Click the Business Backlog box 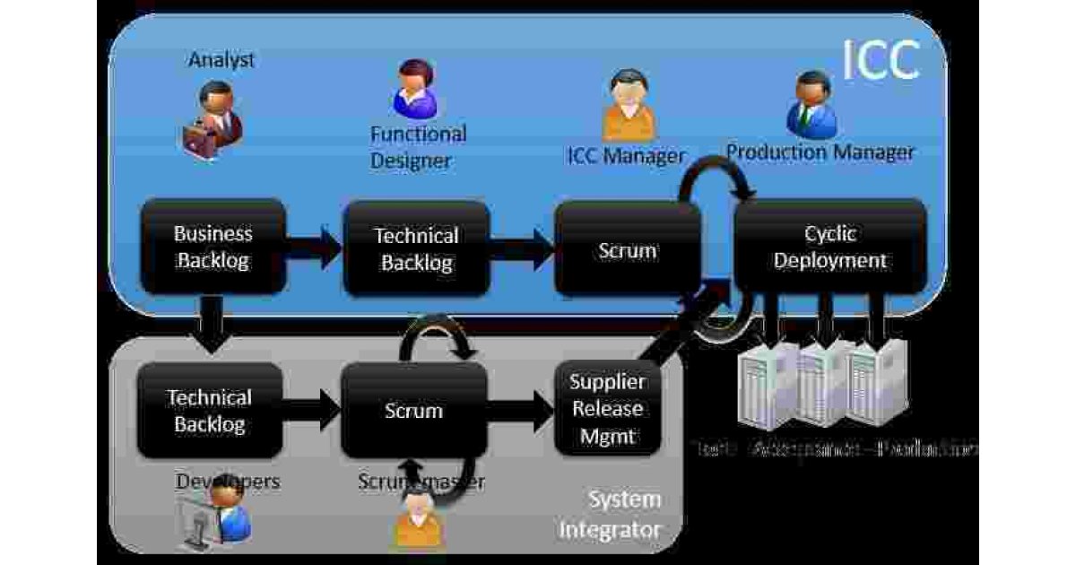[x=213, y=248]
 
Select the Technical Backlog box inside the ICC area [x=416, y=249]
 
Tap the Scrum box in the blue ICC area [x=627, y=249]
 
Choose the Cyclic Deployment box [x=830, y=248]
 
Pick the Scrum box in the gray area [x=413, y=411]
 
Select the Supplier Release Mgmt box [x=608, y=409]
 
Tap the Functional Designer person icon [x=414, y=90]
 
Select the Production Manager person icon [x=811, y=104]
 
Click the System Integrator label [x=611, y=514]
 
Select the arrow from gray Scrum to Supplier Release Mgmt [x=520, y=411]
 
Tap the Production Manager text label [x=820, y=152]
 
